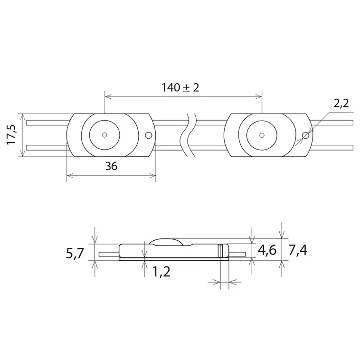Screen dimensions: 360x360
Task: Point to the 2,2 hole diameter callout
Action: tap(341, 103)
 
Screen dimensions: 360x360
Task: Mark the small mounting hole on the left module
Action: tap(148, 135)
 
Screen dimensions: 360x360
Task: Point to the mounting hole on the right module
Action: tap(306, 135)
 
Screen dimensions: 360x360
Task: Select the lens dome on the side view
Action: tap(166, 240)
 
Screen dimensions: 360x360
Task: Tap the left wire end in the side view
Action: tap(101, 254)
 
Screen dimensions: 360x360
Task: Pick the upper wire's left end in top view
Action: tap(28, 123)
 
